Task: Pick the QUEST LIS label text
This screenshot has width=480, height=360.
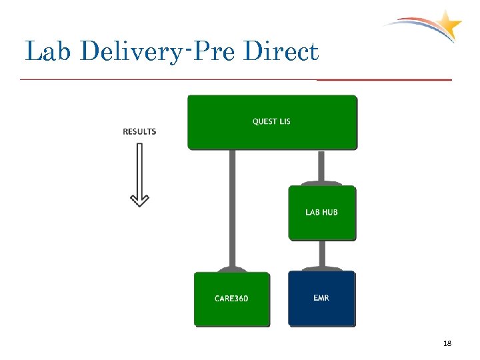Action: [x=271, y=121]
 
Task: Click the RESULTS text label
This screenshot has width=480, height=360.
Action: [x=139, y=131]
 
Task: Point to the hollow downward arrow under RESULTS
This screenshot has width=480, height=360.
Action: [x=139, y=173]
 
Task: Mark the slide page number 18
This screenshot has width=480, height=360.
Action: [x=447, y=343]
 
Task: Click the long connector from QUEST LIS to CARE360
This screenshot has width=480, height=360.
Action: [x=232, y=207]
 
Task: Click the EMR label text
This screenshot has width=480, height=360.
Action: [x=321, y=297]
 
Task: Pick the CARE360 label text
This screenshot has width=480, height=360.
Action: [x=231, y=298]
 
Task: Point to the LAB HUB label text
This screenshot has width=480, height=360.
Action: [x=321, y=212]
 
